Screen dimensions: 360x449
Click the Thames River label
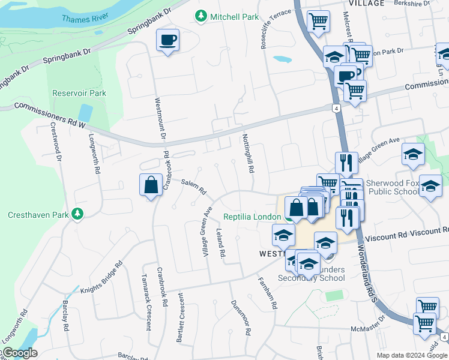point(85,18)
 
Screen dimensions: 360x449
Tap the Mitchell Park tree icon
point(202,17)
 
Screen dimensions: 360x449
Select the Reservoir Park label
point(79,93)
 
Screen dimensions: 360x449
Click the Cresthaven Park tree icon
point(77,214)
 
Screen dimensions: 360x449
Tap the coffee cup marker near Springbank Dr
point(167,40)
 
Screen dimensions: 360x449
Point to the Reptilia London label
point(252,217)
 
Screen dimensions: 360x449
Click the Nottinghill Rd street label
point(247,154)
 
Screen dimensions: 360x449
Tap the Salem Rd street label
point(194,187)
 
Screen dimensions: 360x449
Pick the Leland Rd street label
point(221,244)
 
